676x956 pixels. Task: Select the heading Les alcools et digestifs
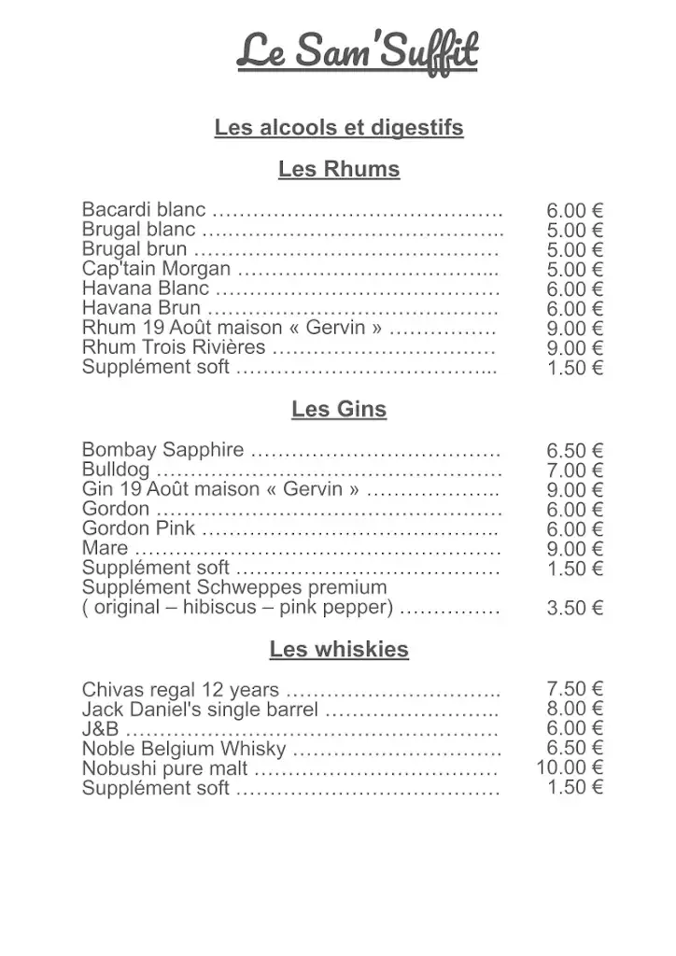pos(338,128)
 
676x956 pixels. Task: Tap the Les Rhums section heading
pos(338,170)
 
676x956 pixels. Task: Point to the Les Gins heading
pos(338,410)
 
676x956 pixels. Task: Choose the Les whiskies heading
pos(338,650)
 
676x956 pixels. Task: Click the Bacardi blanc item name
pos(144,210)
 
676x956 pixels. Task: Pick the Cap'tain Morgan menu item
pos(156,269)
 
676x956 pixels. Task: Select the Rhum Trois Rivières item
pos(174,347)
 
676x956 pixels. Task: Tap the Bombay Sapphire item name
pos(163,451)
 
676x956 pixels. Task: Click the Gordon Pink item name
pos(138,529)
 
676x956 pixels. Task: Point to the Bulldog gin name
pos(115,471)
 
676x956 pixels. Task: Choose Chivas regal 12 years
pos(180,691)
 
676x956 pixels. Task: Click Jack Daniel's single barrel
pos(200,710)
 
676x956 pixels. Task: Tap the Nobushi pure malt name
pos(164,769)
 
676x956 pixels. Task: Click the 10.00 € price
pos(569,768)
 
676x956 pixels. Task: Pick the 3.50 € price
pos(574,609)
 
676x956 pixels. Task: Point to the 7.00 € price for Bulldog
pos(574,471)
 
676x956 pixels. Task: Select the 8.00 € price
pos(574,710)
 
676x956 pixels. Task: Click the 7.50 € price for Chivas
pos(574,690)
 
